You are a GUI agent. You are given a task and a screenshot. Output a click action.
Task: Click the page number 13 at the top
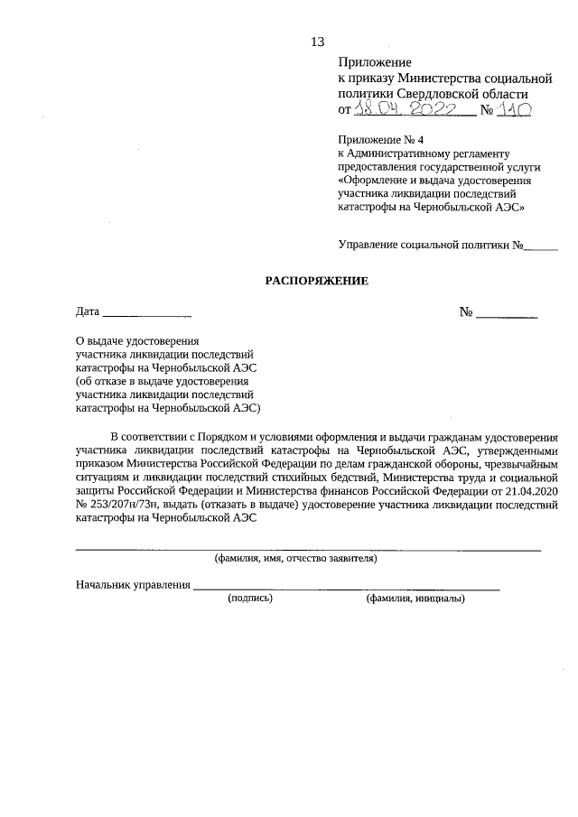tap(317, 42)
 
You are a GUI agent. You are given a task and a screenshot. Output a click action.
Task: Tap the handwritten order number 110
tap(513, 109)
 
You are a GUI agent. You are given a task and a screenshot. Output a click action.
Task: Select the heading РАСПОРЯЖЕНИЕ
tap(317, 281)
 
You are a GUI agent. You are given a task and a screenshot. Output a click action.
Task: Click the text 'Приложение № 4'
tap(380, 142)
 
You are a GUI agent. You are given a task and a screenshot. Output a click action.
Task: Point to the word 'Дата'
tap(88, 312)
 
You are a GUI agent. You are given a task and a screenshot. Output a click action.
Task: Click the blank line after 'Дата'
tap(147, 315)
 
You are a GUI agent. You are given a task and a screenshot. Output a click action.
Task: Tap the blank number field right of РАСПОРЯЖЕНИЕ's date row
tap(507, 315)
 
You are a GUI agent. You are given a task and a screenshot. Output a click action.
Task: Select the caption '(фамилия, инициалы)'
tap(415, 599)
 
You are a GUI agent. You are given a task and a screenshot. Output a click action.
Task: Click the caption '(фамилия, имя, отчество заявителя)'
tap(294, 559)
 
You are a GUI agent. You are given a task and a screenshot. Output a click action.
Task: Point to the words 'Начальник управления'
tap(133, 585)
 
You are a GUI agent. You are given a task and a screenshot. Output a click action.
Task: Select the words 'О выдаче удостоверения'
tap(136, 342)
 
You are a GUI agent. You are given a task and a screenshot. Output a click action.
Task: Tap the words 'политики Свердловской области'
tap(433, 93)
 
